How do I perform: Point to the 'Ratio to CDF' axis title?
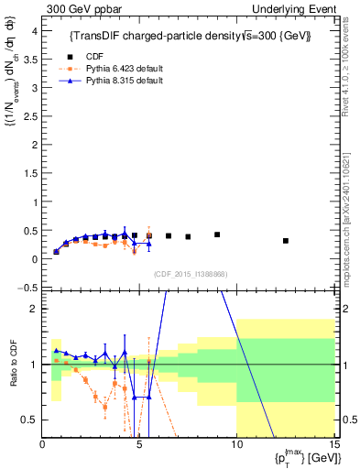12,365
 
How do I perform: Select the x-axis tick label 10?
236,446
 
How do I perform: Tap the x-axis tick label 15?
333,446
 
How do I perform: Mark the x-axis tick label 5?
139,446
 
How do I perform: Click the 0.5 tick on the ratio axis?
29,420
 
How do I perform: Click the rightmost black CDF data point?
286,241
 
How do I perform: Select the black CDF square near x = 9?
217,234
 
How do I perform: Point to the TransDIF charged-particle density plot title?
190,36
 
